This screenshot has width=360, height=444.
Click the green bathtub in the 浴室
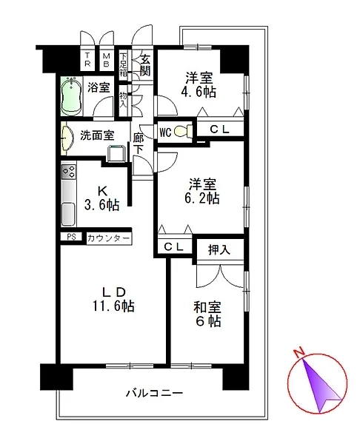tap(71, 96)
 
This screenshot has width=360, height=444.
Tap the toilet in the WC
tap(183, 131)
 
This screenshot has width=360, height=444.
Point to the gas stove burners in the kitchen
tap(69, 171)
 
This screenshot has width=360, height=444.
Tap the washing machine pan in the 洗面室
tap(116, 153)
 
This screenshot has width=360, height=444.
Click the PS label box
tap(71, 237)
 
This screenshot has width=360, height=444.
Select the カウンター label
tap(109, 238)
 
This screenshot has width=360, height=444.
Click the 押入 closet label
tap(219, 250)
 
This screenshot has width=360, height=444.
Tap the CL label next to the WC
tap(219, 129)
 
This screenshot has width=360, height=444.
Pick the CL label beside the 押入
tap(173, 247)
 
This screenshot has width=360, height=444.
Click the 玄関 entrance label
tap(145, 65)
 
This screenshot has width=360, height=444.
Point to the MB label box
tap(106, 60)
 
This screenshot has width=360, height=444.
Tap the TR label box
tap(87, 60)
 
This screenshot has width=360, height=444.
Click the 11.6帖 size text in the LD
tap(113, 306)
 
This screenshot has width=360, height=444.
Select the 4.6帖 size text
tap(199, 92)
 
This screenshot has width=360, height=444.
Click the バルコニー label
tap(155, 394)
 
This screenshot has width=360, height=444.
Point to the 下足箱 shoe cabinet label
tap(123, 65)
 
